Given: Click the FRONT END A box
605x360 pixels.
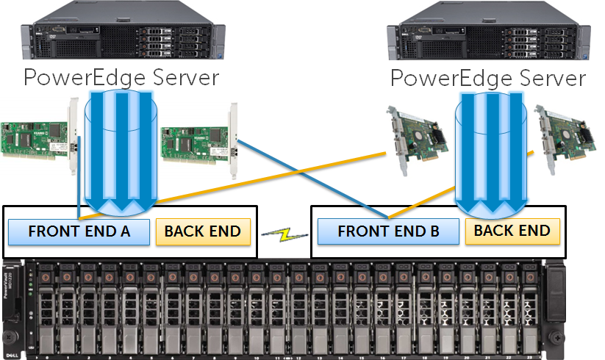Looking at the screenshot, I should pyautogui.click(x=79, y=231).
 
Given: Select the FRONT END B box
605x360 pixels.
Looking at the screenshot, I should pyautogui.click(x=388, y=231).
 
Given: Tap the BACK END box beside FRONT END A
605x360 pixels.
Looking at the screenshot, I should pyautogui.click(x=202, y=231).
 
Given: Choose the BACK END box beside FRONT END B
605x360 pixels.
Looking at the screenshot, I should pyautogui.click(x=512, y=231).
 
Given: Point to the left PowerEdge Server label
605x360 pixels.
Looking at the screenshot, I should pyautogui.click(x=121, y=78).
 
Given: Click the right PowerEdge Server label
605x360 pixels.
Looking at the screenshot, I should pyautogui.click(x=487, y=78).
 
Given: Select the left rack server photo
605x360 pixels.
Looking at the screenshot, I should pyautogui.click(x=121, y=34).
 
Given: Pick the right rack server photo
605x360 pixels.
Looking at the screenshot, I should pyautogui.click(x=488, y=34).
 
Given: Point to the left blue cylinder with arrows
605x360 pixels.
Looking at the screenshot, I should pyautogui.click(x=122, y=151).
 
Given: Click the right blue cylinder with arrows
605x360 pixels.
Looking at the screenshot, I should pyautogui.click(x=492, y=151).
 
